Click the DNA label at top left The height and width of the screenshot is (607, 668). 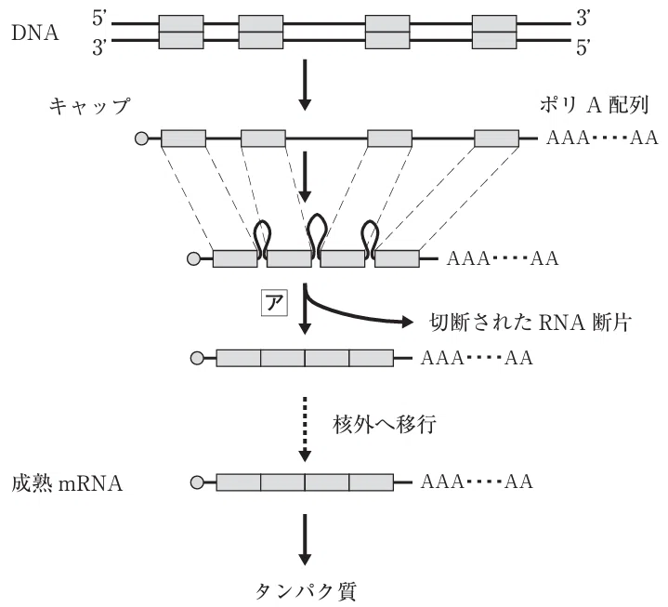point(35,33)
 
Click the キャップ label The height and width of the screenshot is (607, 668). point(89,106)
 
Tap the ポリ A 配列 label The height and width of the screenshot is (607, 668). point(594,105)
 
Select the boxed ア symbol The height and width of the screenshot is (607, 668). point(274,303)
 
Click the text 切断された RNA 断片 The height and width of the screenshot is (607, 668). point(530,323)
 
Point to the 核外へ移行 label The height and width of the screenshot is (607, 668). point(385,425)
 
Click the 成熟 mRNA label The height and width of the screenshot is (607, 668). point(67,483)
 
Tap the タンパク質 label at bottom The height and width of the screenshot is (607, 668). point(305,591)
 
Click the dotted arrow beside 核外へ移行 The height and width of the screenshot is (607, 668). point(304,429)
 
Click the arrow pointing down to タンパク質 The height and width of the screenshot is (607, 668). point(305,540)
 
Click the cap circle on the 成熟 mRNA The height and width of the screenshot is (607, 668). point(197,482)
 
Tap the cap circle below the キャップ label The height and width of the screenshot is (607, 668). point(141,139)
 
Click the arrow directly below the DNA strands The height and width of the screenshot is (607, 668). point(304,86)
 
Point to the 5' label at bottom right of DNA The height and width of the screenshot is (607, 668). point(583,47)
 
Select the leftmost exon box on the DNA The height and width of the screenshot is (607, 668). point(181,32)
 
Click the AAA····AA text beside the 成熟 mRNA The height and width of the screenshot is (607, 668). point(477,482)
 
